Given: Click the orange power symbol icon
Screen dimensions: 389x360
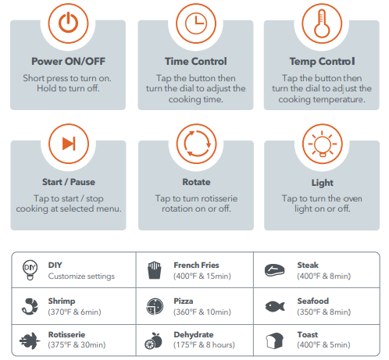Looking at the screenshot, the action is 68,23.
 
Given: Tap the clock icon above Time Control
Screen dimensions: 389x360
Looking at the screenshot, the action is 196,23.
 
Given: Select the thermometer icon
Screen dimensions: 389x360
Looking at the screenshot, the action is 322,23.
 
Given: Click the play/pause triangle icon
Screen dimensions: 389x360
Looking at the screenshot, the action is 69,144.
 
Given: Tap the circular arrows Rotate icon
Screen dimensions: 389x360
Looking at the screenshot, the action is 196,144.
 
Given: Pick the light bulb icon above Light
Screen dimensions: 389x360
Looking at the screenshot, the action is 323,144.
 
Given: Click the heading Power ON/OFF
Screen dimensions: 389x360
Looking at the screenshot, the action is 68,62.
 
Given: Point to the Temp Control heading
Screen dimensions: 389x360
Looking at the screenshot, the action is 322,62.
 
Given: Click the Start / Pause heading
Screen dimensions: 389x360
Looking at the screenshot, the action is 69,182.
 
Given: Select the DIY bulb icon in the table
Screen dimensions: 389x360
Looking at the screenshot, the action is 30,270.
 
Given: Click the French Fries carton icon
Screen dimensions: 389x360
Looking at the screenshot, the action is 155,270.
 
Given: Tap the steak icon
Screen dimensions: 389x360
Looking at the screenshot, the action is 274,270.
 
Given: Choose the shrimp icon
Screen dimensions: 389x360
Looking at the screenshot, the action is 30,306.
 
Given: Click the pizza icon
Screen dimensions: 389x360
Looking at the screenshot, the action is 155,306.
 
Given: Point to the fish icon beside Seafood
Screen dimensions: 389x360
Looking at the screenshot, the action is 275,306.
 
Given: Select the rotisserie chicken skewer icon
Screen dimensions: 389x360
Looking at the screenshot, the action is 30,340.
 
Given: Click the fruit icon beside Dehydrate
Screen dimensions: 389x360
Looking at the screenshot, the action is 153,340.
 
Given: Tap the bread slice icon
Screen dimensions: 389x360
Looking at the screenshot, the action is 274,340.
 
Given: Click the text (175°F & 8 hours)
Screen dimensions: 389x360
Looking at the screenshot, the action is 204,345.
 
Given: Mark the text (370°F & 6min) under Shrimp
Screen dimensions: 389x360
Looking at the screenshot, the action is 74,312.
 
